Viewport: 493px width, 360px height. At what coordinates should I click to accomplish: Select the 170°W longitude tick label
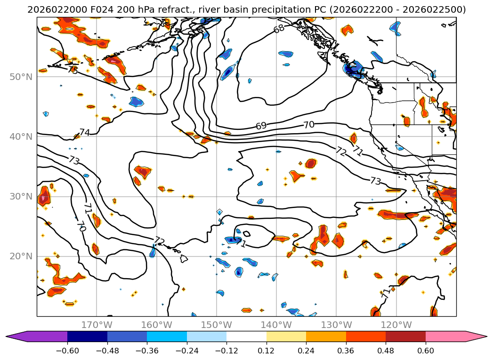pyautogui.click(x=97, y=325)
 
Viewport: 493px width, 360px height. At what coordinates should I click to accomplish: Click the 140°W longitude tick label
pyautogui.click(x=276, y=325)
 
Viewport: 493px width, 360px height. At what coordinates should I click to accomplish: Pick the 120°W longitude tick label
pyautogui.click(x=396, y=325)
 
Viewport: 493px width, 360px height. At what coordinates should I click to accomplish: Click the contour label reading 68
pyautogui.click(x=279, y=28)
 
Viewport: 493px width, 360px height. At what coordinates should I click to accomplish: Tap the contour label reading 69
pyautogui.click(x=261, y=126)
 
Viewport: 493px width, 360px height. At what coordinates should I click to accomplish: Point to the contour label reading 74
pyautogui.click(x=84, y=133)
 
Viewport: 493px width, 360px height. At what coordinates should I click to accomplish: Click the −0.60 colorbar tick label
pyautogui.click(x=67, y=350)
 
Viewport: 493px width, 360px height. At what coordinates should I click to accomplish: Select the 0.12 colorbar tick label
pyautogui.click(x=267, y=350)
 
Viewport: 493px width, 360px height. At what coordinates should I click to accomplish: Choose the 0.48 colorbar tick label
pyautogui.click(x=386, y=350)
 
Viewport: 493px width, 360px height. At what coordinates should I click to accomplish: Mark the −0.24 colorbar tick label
pyautogui.click(x=187, y=350)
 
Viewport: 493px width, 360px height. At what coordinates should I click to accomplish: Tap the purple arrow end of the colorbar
pyautogui.click(x=16, y=336)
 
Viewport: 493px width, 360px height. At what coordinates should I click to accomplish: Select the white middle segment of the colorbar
pyautogui.click(x=246, y=336)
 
